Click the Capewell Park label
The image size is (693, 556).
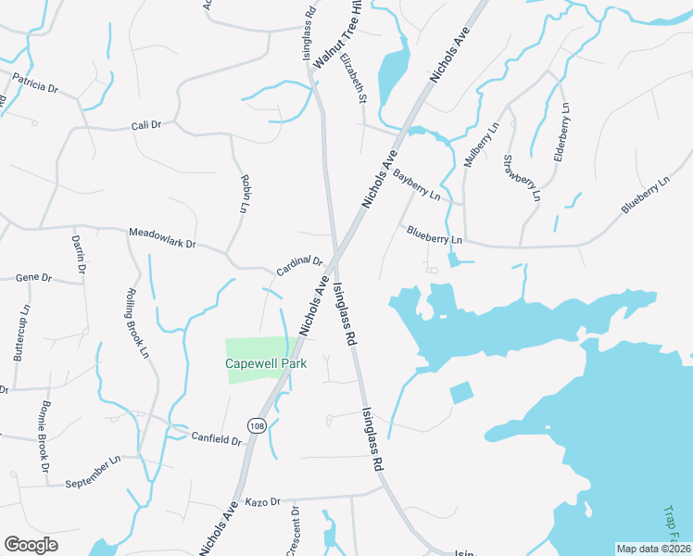266,364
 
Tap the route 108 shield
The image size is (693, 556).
258,423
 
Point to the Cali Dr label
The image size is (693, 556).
146,125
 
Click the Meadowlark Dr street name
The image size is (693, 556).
163,238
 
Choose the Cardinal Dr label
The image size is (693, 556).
299,267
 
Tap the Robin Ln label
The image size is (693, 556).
246,193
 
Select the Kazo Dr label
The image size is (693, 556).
263,501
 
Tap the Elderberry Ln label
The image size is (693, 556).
562,134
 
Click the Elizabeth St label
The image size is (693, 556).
354,78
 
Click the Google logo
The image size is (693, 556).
31,545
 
